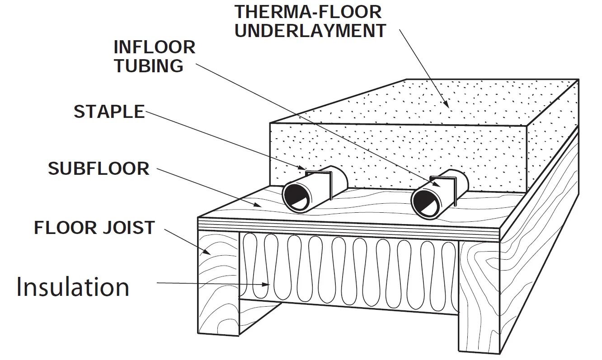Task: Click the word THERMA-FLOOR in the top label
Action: tap(308, 12)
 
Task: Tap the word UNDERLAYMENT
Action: tap(310, 31)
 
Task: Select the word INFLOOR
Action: tap(154, 47)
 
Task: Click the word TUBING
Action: tap(149, 66)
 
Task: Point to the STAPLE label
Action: tap(109, 112)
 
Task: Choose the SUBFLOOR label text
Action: tap(99, 168)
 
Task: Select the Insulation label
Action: tap(73, 287)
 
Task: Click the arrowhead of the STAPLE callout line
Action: tap(303, 169)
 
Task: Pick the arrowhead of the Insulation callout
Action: tap(268, 285)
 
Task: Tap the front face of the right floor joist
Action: tap(479, 294)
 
